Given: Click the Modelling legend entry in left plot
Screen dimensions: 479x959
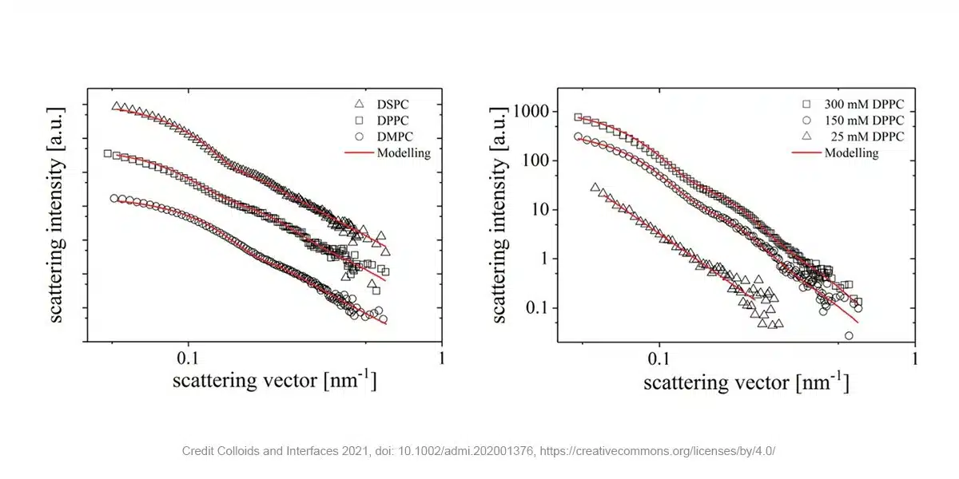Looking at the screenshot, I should coord(404,152).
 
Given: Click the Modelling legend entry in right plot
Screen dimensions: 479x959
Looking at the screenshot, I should coord(851,152).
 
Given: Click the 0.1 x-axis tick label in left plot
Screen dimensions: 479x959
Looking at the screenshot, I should coord(188,357).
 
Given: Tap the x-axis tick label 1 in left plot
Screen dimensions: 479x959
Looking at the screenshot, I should coord(442,357).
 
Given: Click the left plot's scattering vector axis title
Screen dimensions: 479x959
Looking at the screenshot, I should coord(274,380).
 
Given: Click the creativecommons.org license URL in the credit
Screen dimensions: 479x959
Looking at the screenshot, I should coord(658,451).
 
